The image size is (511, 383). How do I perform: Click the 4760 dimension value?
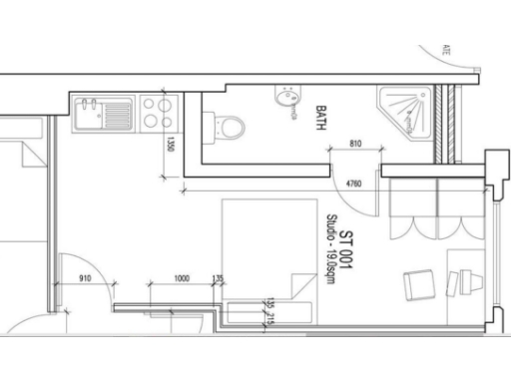pyautogui.click(x=352, y=184)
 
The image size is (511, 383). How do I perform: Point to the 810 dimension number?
pyautogui.click(x=356, y=146)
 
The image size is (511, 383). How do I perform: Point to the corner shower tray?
pyautogui.click(x=409, y=110)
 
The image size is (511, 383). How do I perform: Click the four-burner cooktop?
pyautogui.click(x=155, y=111)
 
